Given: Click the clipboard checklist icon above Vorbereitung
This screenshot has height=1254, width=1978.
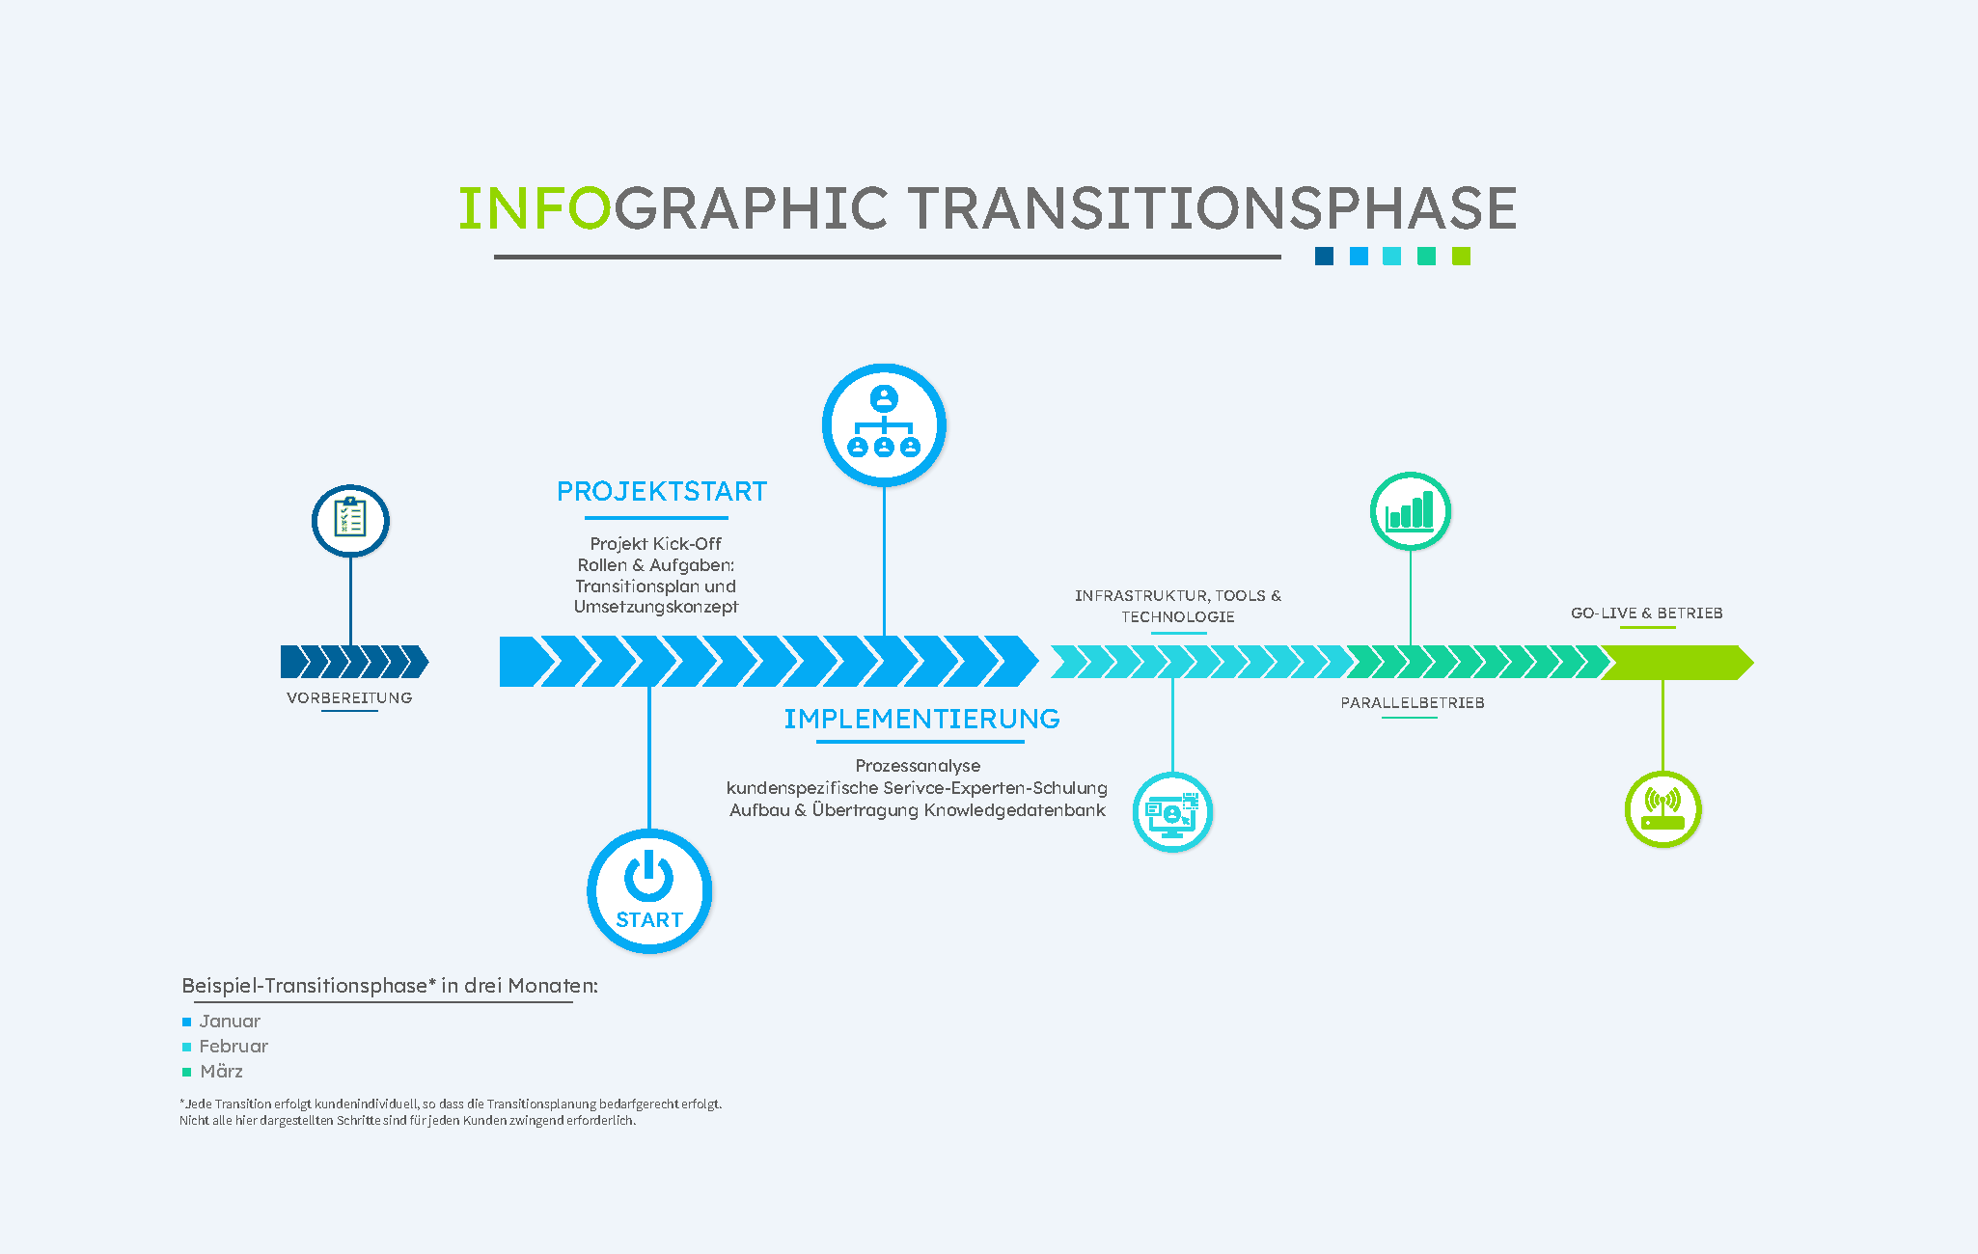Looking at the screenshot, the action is pyautogui.click(x=350, y=520).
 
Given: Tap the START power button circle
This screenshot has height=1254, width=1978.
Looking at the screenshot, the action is pyautogui.click(x=649, y=890).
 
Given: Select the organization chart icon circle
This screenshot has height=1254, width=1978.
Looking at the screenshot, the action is pyautogui.click(x=884, y=424).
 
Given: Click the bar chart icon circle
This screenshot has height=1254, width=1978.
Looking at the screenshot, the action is pyautogui.click(x=1410, y=511).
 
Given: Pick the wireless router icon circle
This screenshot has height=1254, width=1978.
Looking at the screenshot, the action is pyautogui.click(x=1662, y=809).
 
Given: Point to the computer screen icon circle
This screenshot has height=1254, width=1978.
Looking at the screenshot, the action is pyautogui.click(x=1172, y=812).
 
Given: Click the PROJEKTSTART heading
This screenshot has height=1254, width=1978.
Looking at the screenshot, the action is pyautogui.click(x=662, y=492).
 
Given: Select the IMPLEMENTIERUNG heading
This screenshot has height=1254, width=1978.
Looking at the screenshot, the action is pyautogui.click(x=921, y=719).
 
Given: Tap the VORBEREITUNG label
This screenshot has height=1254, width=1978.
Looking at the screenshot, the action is pyautogui.click(x=349, y=697).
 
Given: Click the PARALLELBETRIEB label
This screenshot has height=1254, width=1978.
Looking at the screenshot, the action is pyautogui.click(x=1413, y=702).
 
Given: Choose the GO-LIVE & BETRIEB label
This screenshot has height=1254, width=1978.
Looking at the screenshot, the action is pyautogui.click(x=1647, y=613).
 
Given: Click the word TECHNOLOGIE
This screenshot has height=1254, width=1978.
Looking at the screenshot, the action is pyautogui.click(x=1178, y=616).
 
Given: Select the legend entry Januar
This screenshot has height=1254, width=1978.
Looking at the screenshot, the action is pyautogui.click(x=230, y=1021).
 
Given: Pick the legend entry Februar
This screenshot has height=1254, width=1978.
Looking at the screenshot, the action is pyautogui.click(x=234, y=1046).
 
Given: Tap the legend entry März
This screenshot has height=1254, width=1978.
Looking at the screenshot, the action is pyautogui.click(x=221, y=1071).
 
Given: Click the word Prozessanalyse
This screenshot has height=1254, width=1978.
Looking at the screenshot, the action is pyautogui.click(x=918, y=766).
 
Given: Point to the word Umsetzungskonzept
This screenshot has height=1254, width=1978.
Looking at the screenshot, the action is pyautogui.click(x=656, y=607).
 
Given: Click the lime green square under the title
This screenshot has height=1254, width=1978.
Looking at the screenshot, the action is pyautogui.click(x=1461, y=256).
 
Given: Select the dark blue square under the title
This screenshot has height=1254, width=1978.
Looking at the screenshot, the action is pyautogui.click(x=1324, y=256).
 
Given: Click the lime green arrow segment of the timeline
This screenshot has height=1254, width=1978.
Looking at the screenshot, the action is pyautogui.click(x=1677, y=663).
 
